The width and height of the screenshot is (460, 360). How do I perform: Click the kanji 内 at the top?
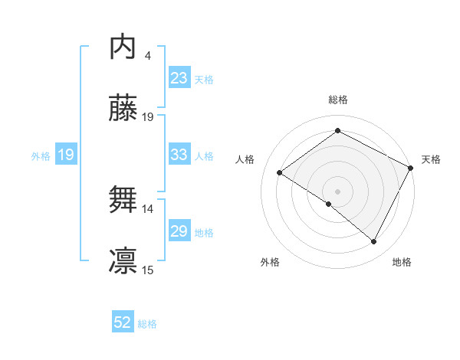[123, 47]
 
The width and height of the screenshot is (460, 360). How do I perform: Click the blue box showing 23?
[179, 78]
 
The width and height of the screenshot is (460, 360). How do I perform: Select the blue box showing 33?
[179, 155]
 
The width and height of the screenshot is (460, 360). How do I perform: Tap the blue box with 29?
[179, 231]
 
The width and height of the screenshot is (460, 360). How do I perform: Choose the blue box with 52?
[123, 322]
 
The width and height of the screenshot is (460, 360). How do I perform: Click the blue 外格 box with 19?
[66, 155]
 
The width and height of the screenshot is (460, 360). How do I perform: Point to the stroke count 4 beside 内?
[147, 55]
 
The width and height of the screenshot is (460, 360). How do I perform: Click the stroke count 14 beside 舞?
[148, 208]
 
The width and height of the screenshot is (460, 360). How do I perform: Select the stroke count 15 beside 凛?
[148, 270]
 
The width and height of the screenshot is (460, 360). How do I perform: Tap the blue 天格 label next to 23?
[204, 79]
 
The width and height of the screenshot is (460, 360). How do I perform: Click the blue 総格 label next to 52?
[147, 323]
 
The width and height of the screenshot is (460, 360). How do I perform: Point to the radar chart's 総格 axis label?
[337, 100]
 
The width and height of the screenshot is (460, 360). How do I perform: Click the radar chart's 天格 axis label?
[431, 159]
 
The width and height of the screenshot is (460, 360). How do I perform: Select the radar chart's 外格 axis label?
[270, 262]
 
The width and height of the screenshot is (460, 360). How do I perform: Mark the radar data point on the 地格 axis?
[374, 241]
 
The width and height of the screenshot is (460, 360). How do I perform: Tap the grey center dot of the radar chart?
[337, 191]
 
